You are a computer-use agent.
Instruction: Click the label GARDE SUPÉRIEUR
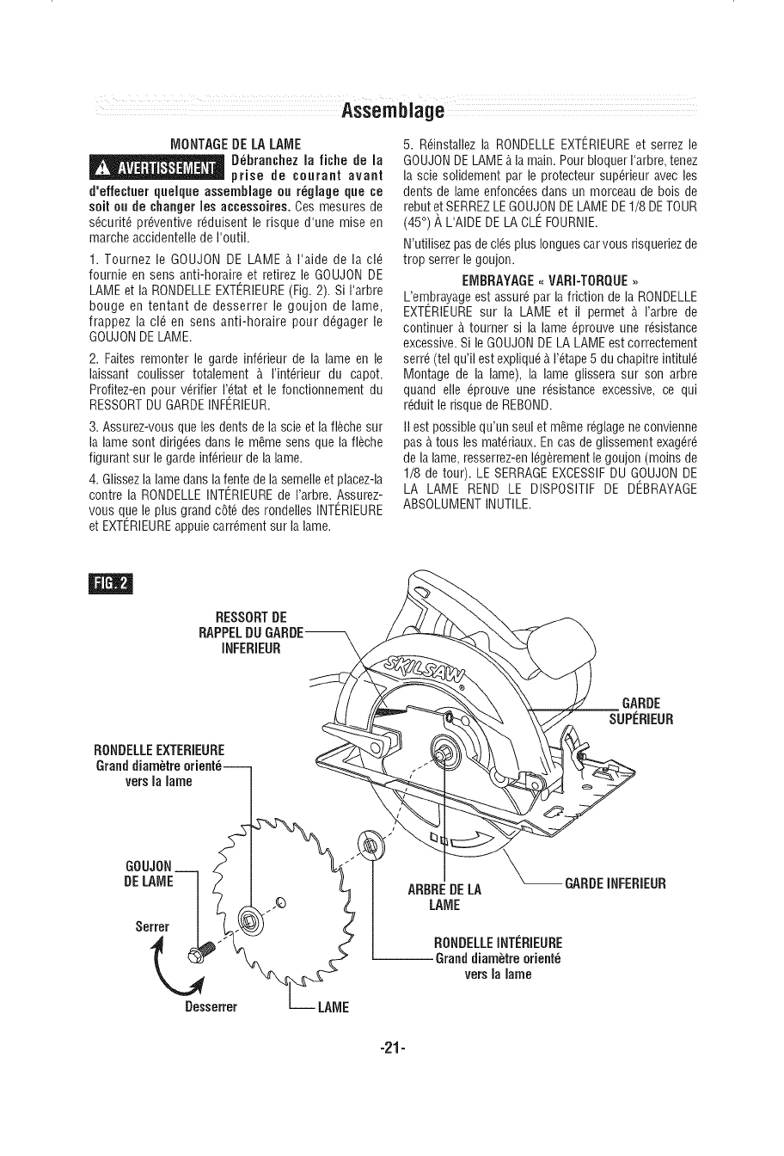point(641,711)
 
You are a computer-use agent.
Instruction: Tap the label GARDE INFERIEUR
point(615,883)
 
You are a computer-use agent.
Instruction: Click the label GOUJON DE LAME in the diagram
point(150,873)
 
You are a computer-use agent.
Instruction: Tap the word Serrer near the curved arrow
point(153,926)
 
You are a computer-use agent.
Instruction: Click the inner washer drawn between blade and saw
point(371,845)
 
